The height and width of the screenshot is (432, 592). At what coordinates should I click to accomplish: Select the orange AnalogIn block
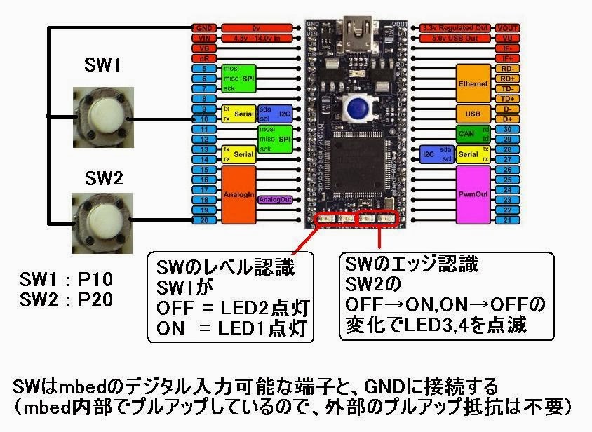pyautogui.click(x=237, y=194)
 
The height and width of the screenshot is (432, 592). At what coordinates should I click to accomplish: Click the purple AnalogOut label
pyautogui.click(x=274, y=200)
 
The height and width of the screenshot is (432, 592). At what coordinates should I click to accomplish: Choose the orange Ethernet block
pyautogui.click(x=473, y=83)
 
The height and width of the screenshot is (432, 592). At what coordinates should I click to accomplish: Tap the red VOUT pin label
pyautogui.click(x=507, y=27)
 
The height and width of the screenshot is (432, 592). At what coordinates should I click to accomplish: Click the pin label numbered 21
pyautogui.click(x=507, y=220)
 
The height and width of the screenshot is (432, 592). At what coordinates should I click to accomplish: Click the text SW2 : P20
pyautogui.click(x=67, y=299)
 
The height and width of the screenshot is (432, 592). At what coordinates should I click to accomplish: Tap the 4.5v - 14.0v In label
pyautogui.click(x=256, y=38)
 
